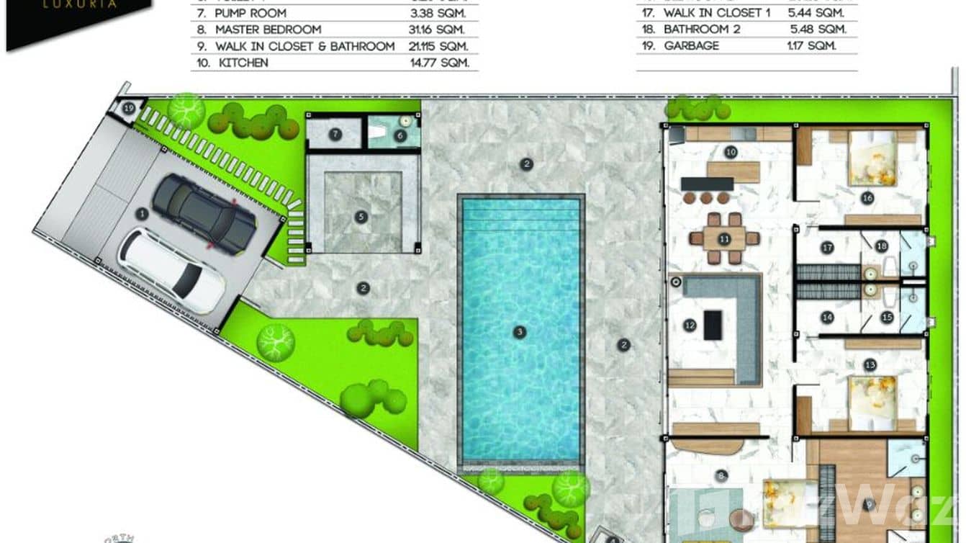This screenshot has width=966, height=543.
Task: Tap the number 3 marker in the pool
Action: coord(518,332)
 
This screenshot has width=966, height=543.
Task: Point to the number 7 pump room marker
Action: coord(335,134)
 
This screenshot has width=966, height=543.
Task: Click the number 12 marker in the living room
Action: coord(690,326)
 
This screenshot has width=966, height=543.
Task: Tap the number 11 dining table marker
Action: coord(725,238)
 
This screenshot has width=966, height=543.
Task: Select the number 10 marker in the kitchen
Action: coord(731,152)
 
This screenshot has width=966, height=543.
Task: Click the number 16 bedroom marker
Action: coord(867,197)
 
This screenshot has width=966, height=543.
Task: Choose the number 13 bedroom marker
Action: coord(870,365)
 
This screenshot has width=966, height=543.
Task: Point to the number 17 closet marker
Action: coord(828,248)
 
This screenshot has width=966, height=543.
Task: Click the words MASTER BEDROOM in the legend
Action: coord(268,30)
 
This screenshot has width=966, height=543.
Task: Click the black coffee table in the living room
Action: coord(713,323)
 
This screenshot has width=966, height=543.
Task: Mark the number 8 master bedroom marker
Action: coord(721,476)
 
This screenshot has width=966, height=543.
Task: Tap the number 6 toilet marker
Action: coord(402,134)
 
